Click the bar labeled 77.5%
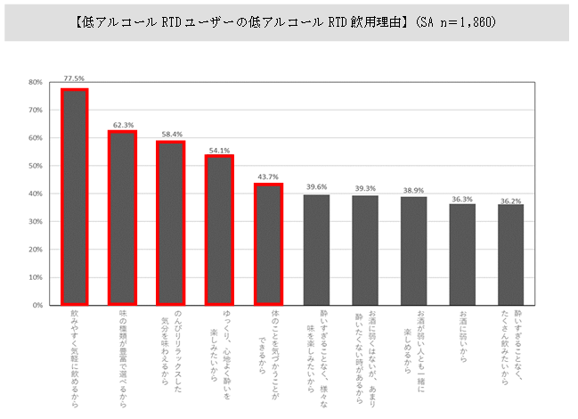(x=74, y=196)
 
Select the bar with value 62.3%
(x=122, y=218)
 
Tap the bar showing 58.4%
(x=171, y=223)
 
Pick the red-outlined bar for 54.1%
(x=219, y=229)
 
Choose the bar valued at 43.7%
(x=268, y=244)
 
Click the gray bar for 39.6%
(x=316, y=250)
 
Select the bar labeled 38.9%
(x=413, y=251)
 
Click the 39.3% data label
(x=365, y=188)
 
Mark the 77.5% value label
(x=74, y=78)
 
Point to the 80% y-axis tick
(x=36, y=82)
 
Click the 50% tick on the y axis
(x=36, y=166)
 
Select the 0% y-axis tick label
(x=38, y=305)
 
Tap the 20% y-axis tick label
(x=36, y=250)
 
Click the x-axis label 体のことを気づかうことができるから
(x=268, y=340)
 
